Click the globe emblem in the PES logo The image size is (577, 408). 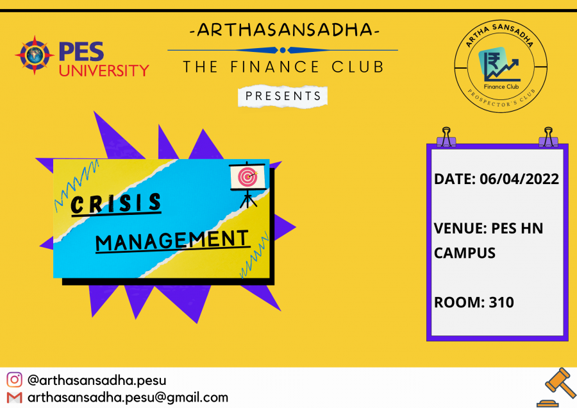(35, 55)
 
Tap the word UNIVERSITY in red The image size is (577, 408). (104, 71)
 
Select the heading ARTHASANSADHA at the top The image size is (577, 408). (285, 30)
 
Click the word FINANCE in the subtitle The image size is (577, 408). (274, 67)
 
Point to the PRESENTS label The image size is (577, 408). (283, 96)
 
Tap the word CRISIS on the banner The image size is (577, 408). (116, 203)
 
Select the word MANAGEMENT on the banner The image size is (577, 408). (172, 241)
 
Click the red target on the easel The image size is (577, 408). (247, 177)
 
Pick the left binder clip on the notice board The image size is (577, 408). (446, 137)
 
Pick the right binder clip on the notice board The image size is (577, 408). (548, 137)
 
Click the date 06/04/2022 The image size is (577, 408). (519, 179)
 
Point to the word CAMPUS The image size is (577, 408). (465, 253)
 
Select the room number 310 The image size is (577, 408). (501, 302)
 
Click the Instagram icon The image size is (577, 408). (14, 380)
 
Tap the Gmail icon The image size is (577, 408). (14, 398)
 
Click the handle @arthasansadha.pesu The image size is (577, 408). (97, 380)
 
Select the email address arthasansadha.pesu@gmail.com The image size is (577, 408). (128, 398)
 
